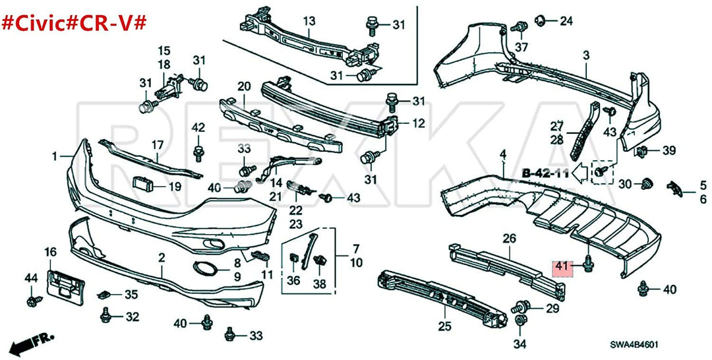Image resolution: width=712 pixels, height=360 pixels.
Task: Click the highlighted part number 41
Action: point(561,267)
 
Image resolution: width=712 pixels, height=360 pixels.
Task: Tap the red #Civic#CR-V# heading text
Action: point(74,22)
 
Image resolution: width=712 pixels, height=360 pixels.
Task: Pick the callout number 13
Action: point(309,21)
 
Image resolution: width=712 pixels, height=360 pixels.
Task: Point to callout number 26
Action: point(509,239)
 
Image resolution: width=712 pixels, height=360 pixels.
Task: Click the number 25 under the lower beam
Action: point(444,326)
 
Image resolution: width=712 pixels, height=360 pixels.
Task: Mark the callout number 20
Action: point(245,86)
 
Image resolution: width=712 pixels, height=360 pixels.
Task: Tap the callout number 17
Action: point(158,144)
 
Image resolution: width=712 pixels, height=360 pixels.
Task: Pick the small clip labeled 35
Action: point(105,295)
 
